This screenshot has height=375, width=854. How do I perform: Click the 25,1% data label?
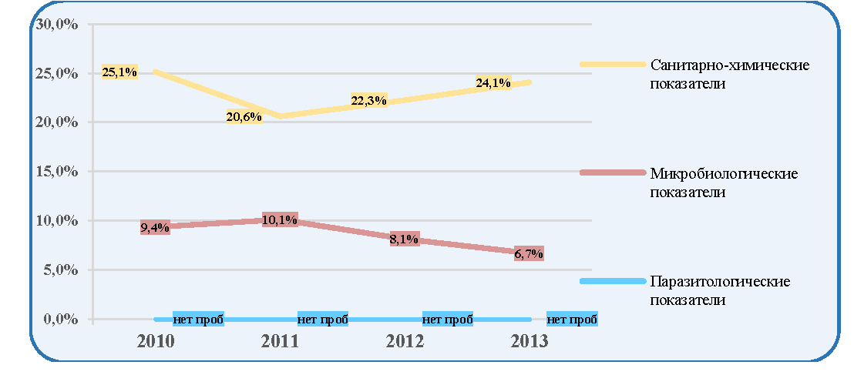click(119, 72)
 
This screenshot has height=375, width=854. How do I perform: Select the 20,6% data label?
click(244, 116)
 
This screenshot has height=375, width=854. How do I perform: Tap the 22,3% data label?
click(368, 101)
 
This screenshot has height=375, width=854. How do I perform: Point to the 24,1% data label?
click(493, 82)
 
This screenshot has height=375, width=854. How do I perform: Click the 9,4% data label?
click(155, 228)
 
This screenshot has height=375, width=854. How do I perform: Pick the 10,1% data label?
click(280, 220)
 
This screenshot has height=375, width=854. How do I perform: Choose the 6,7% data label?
click(529, 253)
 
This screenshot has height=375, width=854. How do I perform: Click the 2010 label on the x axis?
click(155, 341)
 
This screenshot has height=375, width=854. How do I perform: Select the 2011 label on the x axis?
click(280, 341)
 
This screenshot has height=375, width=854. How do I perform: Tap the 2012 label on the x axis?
click(404, 341)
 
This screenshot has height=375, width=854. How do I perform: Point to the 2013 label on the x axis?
click(529, 341)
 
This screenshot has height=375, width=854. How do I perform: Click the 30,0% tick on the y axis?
click(56, 25)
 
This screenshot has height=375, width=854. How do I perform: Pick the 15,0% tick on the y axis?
click(56, 172)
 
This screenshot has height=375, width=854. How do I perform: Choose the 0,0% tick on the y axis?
click(59, 319)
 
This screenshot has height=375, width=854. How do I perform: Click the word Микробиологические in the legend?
click(725, 175)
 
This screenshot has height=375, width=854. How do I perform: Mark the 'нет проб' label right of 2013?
click(573, 319)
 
